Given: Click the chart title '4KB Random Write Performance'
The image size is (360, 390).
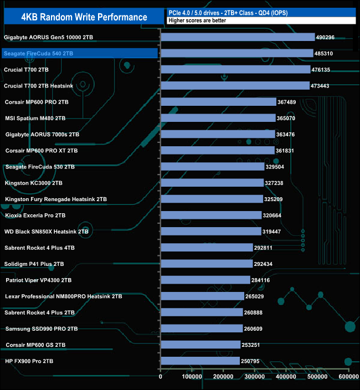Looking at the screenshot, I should (x=84, y=17).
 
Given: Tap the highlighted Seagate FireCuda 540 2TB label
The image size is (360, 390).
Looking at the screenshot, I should (x=38, y=54).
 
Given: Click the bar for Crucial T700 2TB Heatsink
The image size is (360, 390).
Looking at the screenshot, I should (x=235, y=86).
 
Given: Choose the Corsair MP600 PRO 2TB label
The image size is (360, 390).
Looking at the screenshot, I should (x=37, y=102).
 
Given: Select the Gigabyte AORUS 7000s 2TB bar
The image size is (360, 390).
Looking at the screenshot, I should (x=218, y=134).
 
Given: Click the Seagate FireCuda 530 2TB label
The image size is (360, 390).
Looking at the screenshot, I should (x=39, y=167).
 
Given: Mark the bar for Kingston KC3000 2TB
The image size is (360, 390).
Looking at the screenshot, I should (x=212, y=183).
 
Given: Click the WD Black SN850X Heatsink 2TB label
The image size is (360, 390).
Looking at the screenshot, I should (x=47, y=231).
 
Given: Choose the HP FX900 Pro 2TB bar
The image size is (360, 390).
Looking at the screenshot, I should (x=200, y=361).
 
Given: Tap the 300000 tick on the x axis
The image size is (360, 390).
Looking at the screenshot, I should (x=254, y=377).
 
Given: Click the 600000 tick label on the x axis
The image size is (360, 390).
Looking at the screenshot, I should (x=348, y=377).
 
